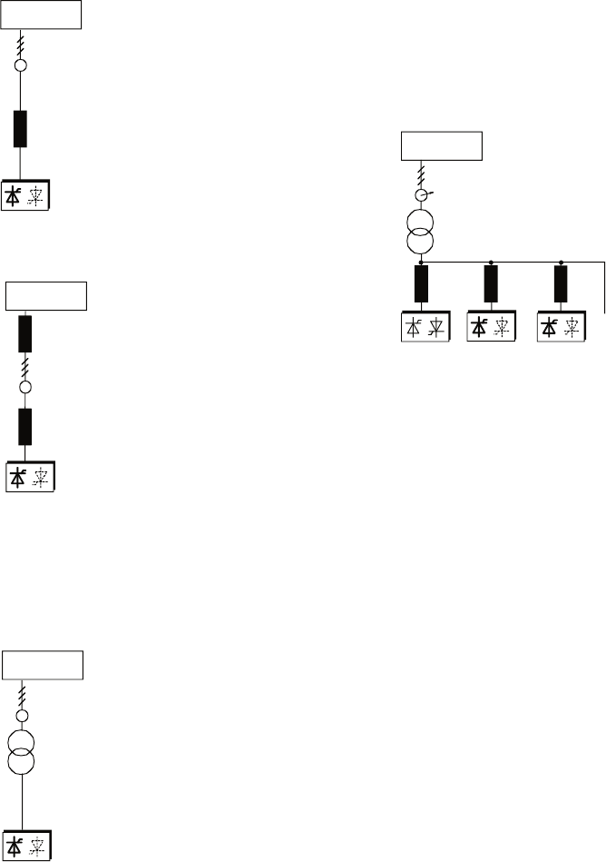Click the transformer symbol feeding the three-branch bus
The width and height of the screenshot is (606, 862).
coord(420,233)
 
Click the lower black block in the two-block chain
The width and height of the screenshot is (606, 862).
coord(25,426)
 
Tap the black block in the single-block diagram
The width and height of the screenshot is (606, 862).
coord(20,129)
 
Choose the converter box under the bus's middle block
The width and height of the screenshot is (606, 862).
coord(491,328)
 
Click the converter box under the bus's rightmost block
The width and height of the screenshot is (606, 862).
coord(561,328)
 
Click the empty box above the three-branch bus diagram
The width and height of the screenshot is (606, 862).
coord(442,145)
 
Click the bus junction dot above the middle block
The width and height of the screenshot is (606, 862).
coord(491,262)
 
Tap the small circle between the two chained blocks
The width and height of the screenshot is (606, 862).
coord(25,387)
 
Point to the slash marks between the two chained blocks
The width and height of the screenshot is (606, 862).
coord(25,365)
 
